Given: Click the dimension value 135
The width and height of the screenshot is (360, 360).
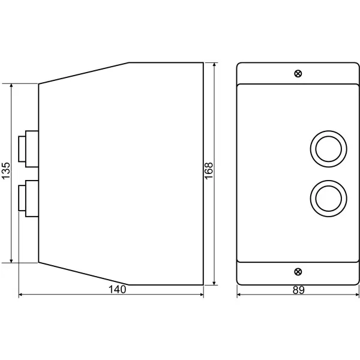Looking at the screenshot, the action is (x=6, y=170).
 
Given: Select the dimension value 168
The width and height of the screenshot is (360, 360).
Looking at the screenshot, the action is (x=209, y=171).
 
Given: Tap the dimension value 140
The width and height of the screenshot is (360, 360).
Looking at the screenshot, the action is (x=117, y=289).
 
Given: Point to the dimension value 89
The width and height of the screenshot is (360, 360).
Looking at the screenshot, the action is (x=298, y=290).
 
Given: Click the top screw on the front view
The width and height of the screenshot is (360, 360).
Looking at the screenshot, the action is (x=298, y=74).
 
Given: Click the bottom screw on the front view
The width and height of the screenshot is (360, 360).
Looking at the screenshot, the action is (x=298, y=272).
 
